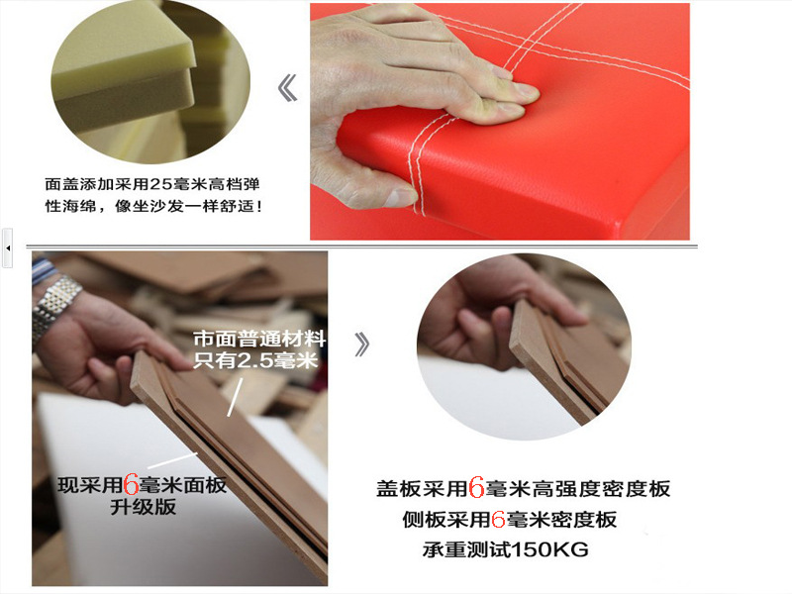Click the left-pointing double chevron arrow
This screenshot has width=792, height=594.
(x=287, y=87)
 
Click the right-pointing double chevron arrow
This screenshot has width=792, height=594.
(x=361, y=345)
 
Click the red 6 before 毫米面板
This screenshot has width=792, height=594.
(x=131, y=485)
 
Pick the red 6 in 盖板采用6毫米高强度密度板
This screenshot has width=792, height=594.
(x=476, y=488)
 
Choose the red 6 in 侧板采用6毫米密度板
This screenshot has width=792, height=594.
(x=498, y=519)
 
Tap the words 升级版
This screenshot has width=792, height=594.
(x=144, y=507)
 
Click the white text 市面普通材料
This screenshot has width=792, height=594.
(x=259, y=339)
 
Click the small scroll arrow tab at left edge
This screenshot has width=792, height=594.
(x=7, y=248)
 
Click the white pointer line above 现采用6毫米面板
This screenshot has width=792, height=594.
(x=172, y=460)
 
